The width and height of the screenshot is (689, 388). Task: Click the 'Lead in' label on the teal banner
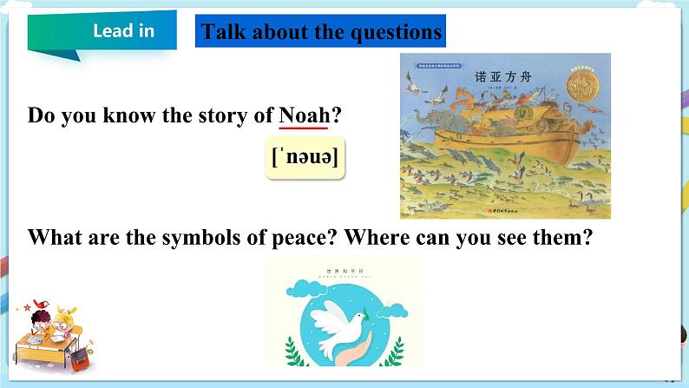pyautogui.click(x=123, y=31)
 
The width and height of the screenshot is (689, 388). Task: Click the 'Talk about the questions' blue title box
pyautogui.click(x=321, y=33)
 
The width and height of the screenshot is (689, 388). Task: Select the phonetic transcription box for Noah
pyautogui.click(x=305, y=158)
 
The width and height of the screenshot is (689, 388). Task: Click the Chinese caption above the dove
pyautogui.click(x=344, y=270)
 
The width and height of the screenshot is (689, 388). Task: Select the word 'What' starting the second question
pyautogui.click(x=54, y=238)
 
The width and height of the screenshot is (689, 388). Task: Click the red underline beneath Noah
pyautogui.click(x=304, y=128)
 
